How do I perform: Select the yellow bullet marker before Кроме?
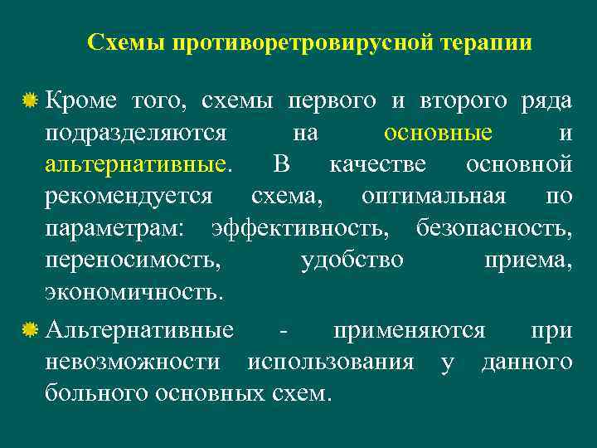click(30, 102)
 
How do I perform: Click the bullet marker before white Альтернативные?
click(30, 331)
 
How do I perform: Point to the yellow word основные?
click(438, 133)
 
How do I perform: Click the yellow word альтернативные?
click(138, 164)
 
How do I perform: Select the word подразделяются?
click(137, 133)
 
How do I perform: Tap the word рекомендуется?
click(129, 197)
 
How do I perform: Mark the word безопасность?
click(493, 228)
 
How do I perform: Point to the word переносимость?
click(133, 260)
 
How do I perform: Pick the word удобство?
click(352, 260)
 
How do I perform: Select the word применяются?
click(409, 331)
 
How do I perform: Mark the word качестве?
click(377, 164)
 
